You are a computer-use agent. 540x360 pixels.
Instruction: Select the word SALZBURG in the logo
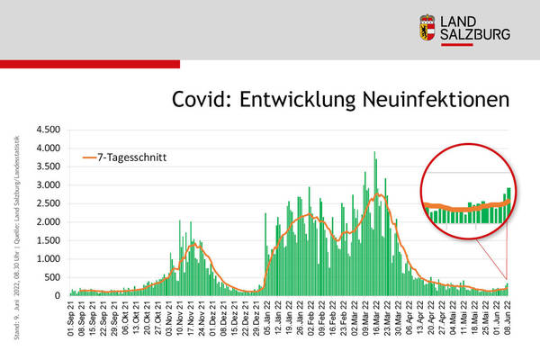click(x=478, y=34)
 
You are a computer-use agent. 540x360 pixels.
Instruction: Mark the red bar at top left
click(x=90, y=65)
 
